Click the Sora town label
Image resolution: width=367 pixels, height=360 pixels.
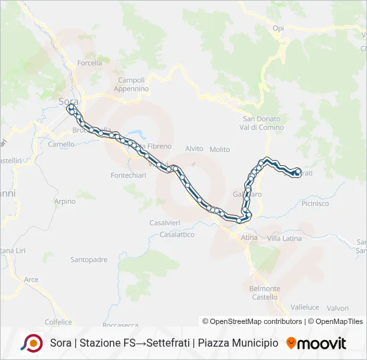tap(69, 101)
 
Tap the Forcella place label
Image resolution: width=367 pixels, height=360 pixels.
tap(89, 63)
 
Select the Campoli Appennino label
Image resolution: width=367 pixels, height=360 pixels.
tap(131, 85)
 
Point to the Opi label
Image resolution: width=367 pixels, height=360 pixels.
tap(278, 28)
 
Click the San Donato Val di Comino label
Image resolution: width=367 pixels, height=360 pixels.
tap(262, 123)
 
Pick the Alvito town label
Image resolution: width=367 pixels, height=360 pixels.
tap(194, 149)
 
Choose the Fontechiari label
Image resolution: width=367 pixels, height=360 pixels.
tap(123, 175)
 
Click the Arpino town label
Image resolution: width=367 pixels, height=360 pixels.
tap(65, 201)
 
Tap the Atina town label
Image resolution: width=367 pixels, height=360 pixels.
tap(249, 237)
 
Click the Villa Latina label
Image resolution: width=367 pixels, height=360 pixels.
tap(284, 238)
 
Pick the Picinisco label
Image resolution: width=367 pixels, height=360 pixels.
tap(316, 203)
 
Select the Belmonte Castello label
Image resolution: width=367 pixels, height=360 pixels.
tap(265, 293)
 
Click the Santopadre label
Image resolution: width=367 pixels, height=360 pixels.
tap(89, 259)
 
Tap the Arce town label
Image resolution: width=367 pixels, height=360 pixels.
tap(31, 279)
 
